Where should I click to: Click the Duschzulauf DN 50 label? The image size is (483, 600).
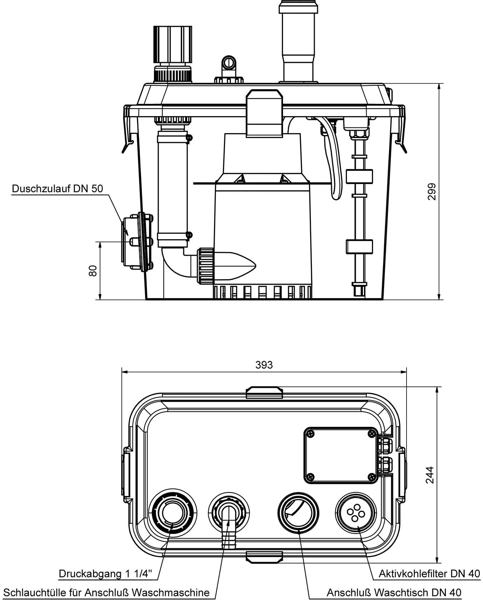[57, 189]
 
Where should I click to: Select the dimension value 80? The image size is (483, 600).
[93, 271]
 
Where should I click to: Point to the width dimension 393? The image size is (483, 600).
[264, 365]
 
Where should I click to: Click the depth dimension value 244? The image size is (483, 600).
[430, 475]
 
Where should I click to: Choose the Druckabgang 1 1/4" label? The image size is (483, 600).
[105, 574]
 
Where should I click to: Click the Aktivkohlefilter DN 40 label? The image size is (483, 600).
[429, 574]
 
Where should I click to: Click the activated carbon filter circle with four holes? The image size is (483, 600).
[355, 513]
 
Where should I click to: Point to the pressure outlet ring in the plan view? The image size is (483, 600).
[172, 513]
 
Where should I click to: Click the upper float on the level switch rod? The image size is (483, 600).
[359, 176]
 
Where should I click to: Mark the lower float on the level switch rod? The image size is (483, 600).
[359, 246]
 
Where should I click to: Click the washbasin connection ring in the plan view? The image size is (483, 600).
[298, 513]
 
